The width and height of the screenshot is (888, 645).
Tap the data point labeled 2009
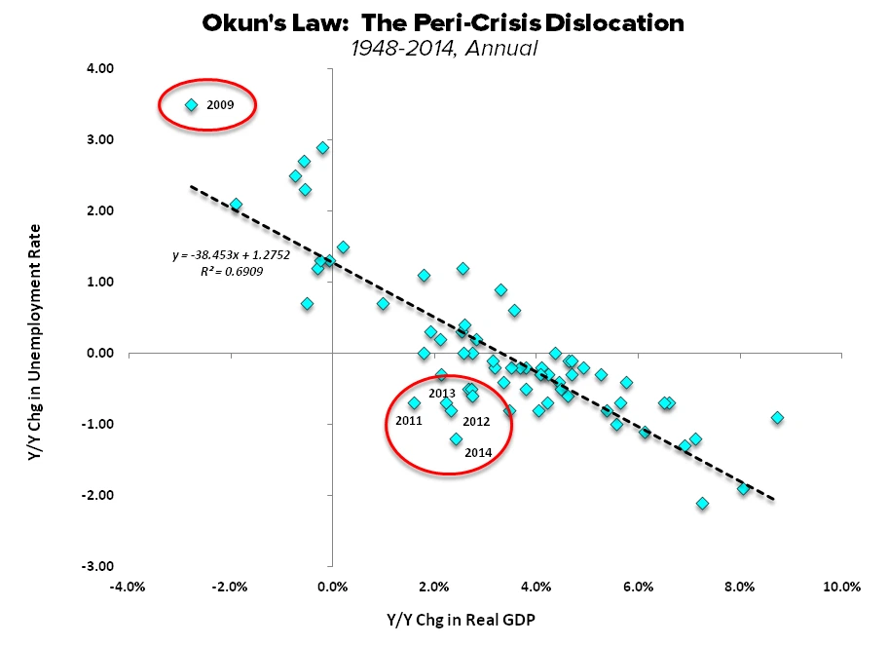point(192,105)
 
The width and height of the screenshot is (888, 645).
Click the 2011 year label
point(409,421)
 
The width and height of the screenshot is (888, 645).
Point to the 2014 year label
point(478,452)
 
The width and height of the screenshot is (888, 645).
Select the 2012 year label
point(476,421)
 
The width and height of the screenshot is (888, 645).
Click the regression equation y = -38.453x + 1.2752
point(218,255)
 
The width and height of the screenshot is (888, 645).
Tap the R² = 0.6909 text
point(230,272)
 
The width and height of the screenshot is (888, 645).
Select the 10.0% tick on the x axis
point(841,587)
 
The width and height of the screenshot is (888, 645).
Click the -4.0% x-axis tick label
point(129,587)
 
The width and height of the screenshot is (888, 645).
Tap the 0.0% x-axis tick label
point(332,587)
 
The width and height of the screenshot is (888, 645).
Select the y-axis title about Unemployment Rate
point(34,317)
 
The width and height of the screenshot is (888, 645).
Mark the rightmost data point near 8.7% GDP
point(777,418)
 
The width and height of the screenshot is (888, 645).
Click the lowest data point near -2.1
point(702,504)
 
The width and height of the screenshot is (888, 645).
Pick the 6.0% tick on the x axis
point(638,587)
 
